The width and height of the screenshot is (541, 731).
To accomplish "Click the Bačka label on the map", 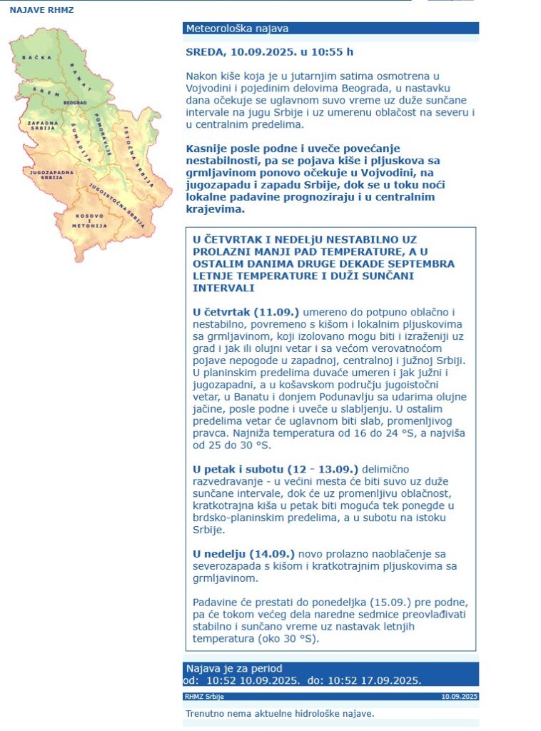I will [x=34, y=56].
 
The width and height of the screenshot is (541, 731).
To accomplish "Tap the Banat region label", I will [x=80, y=76].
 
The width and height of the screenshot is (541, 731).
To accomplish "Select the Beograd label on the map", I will [x=75, y=103].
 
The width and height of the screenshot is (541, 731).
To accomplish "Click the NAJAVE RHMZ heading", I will [x=41, y=11].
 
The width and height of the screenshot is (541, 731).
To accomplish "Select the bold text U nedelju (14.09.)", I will [x=243, y=553].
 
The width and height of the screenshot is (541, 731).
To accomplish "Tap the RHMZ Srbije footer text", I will [x=204, y=697].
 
